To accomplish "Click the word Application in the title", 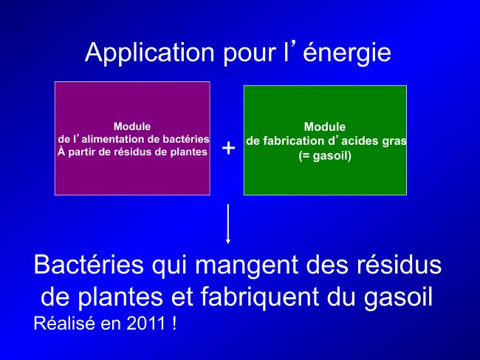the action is click(150, 53).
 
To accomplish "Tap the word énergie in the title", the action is click(347, 53).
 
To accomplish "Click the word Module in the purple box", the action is click(132, 126).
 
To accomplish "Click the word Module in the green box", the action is click(325, 127).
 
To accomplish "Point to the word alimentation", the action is click(113, 140).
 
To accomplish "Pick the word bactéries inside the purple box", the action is click(186, 140).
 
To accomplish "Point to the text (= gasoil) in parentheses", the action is click(325, 156).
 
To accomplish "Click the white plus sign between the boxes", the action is click(228, 148).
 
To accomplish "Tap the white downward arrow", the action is click(227, 224).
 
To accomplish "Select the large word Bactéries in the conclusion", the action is click(89, 265).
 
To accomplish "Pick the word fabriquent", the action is click(260, 297).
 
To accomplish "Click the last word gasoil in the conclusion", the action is click(398, 297).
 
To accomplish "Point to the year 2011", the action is click(146, 323).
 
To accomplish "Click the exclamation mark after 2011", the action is click(174, 323).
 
